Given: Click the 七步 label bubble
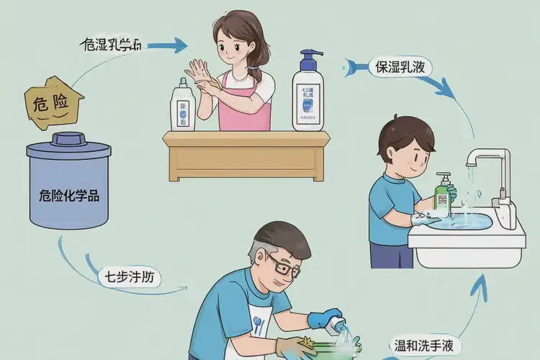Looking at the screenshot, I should (130, 276).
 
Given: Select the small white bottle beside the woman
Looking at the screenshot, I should (184, 108).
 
